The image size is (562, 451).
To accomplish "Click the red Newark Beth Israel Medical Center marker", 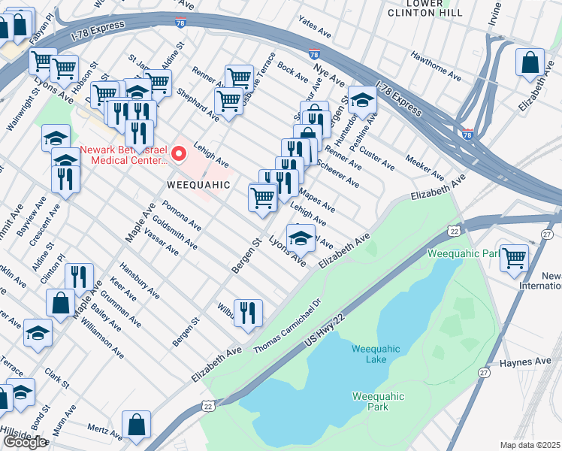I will [179, 155].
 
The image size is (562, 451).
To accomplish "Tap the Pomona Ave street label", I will [182, 215].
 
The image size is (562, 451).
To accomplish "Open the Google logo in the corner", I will [24, 442].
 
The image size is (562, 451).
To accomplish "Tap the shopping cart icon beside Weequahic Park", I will [515, 258].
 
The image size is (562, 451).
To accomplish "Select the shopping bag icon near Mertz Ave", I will [137, 425].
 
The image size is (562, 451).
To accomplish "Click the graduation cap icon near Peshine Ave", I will [362, 100].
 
